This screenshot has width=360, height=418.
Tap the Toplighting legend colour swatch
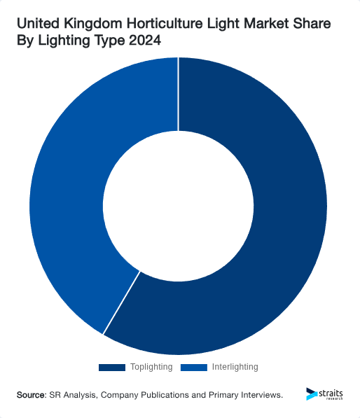click(x=111, y=367)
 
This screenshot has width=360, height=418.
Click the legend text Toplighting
click(x=151, y=367)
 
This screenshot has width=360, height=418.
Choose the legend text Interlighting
click(x=235, y=367)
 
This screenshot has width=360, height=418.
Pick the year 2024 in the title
click(x=144, y=42)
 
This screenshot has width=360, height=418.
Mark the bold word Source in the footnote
click(x=32, y=395)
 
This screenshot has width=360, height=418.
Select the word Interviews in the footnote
click(x=258, y=395)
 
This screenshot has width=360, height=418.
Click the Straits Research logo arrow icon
click(x=311, y=394)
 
